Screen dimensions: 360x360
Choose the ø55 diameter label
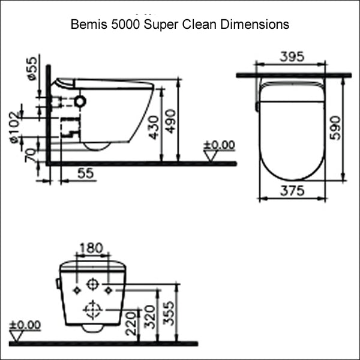pos(31,68)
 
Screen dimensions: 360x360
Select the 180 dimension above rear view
pos(92,247)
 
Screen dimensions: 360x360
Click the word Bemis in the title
pos(87,25)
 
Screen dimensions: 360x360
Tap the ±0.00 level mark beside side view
pos(219,145)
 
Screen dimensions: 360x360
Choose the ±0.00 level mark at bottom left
pos(25,325)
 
